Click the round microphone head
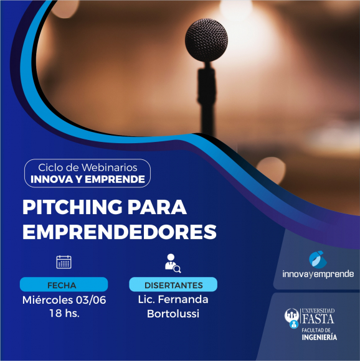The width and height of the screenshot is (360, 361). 206,40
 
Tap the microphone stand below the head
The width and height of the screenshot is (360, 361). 207,99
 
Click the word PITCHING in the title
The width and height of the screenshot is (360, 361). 72,207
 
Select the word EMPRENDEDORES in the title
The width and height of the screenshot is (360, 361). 120,232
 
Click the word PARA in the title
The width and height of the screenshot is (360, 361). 157,207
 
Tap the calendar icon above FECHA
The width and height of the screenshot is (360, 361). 64,262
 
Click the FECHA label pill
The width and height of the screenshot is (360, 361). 64,284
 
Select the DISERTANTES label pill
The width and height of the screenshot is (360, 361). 173,284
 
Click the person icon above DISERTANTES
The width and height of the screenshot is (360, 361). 173,263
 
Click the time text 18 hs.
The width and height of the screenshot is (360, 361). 65,313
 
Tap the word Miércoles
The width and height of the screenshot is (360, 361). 47,300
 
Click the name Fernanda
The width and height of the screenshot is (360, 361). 183,299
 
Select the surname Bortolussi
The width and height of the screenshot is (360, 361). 173,314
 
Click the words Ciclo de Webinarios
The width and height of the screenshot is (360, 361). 88,167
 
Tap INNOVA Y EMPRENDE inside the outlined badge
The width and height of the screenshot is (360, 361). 88,179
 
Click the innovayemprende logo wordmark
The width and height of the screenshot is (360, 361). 318,274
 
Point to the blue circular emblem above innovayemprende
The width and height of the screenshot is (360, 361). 318,260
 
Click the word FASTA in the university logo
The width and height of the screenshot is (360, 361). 318,319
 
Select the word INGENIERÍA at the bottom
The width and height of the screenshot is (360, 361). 320,337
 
